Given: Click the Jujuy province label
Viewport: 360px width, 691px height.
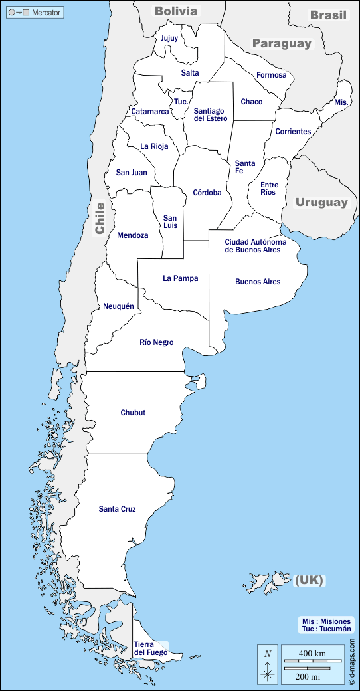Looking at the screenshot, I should pyautogui.click(x=169, y=38).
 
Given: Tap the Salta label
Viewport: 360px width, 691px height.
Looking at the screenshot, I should pyautogui.click(x=190, y=73).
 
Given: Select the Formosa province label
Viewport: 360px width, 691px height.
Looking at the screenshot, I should pyautogui.click(x=272, y=75).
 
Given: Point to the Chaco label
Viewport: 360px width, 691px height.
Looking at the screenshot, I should pyautogui.click(x=252, y=102).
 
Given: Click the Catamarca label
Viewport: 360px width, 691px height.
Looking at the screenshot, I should pyautogui.click(x=149, y=112).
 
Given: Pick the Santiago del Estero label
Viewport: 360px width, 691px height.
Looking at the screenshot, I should pyautogui.click(x=211, y=114).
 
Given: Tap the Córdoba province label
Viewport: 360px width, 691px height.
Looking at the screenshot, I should pyautogui.click(x=207, y=193).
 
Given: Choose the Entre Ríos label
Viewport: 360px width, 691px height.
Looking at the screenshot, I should pyautogui.click(x=268, y=188).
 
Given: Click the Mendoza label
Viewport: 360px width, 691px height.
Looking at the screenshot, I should pyautogui.click(x=133, y=235).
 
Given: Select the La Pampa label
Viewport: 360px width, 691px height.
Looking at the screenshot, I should pyautogui.click(x=181, y=278).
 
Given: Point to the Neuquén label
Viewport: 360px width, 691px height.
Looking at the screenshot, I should pyautogui.click(x=118, y=306).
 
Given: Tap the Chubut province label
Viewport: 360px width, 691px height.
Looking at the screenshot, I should pyautogui.click(x=133, y=413).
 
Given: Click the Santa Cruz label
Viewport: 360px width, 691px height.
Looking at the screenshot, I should pyautogui.click(x=118, y=509).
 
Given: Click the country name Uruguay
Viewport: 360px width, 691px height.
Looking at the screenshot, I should pyautogui.click(x=321, y=202).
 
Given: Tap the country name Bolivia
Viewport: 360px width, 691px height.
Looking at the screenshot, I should pyautogui.click(x=176, y=11).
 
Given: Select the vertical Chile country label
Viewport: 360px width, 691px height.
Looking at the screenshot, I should pyautogui.click(x=100, y=217).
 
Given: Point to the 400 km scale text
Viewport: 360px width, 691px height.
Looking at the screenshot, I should pyautogui.click(x=312, y=654).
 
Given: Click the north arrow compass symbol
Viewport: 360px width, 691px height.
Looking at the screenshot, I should pyautogui.click(x=268, y=664).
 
